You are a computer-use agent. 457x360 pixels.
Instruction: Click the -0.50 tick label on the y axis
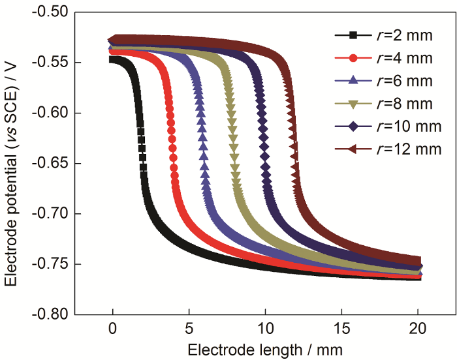(x=52, y=12)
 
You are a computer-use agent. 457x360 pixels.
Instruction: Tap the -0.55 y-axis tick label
(x=52, y=63)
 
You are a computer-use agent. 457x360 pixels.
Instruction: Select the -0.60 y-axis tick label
(x=52, y=113)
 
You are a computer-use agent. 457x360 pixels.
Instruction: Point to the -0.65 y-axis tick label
(x=52, y=163)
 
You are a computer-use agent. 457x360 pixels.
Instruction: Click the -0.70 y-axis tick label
(x=52, y=213)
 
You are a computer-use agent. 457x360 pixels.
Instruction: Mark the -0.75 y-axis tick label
(x=52, y=263)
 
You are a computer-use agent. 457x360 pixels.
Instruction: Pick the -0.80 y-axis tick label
(x=52, y=314)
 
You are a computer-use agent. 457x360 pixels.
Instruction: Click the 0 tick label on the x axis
(x=112, y=328)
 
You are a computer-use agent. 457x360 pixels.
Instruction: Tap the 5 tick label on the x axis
(x=189, y=328)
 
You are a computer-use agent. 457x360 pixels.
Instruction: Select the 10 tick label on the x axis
(x=265, y=328)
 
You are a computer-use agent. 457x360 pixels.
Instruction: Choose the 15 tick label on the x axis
(x=341, y=328)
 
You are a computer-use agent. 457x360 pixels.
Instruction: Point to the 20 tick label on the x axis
(x=418, y=328)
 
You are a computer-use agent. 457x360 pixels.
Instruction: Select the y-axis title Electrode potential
(x=12, y=163)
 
